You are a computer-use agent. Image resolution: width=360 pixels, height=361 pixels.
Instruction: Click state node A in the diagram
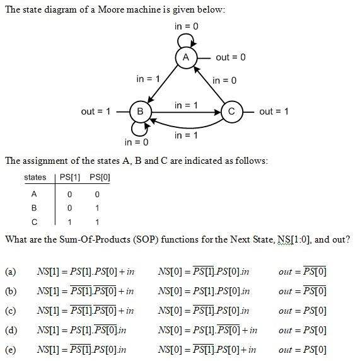(185, 57)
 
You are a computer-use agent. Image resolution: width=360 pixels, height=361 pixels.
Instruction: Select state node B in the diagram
(140, 112)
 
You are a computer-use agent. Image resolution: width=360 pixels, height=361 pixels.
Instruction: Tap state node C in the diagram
(231, 112)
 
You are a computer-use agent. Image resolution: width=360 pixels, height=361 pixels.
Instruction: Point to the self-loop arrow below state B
(141, 129)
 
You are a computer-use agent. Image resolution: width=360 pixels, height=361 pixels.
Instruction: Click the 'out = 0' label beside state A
(230, 57)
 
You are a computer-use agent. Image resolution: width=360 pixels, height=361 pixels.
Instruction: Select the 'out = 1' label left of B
(96, 112)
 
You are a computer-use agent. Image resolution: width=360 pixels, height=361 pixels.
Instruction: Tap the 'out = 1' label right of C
(274, 112)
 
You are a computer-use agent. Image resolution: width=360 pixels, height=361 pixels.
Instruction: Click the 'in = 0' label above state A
(187, 26)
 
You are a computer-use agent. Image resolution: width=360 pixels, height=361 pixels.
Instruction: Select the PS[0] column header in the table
(97, 177)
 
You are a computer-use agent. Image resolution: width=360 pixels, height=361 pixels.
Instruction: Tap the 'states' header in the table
(35, 177)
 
